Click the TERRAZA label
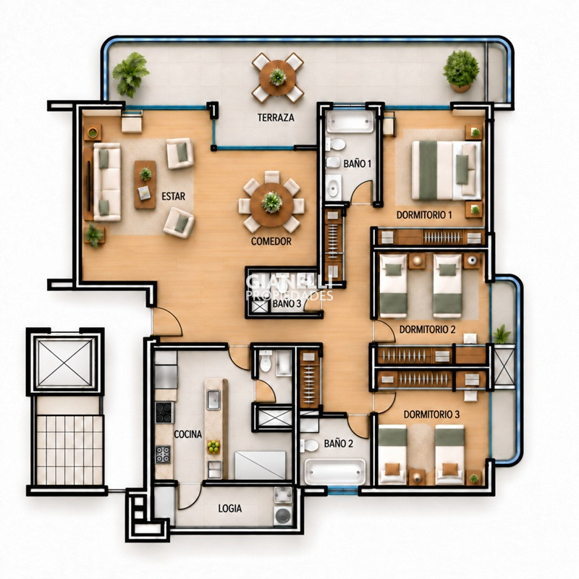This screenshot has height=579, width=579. click(x=276, y=118)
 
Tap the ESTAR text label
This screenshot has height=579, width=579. click(x=173, y=196)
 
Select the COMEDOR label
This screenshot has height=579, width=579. click(x=271, y=242)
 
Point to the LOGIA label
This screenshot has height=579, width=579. click(x=229, y=509)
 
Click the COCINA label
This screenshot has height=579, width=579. click(x=187, y=434)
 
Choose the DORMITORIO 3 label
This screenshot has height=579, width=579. click(x=431, y=415)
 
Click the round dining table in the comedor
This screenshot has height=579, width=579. click(x=272, y=205)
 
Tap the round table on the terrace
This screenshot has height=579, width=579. click(x=277, y=78)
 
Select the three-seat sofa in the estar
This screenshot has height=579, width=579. click(x=107, y=182)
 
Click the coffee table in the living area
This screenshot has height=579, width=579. click(x=145, y=185)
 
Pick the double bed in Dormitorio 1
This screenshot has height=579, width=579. click(x=447, y=170)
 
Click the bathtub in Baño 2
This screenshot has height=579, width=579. click(x=334, y=471)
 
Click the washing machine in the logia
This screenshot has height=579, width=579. click(x=283, y=515)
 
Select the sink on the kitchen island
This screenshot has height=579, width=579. click(x=214, y=400)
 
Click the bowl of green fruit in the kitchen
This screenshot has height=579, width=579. click(x=213, y=447)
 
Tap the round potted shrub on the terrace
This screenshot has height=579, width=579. click(x=461, y=71)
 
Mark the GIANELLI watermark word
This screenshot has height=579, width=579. click(x=289, y=282)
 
